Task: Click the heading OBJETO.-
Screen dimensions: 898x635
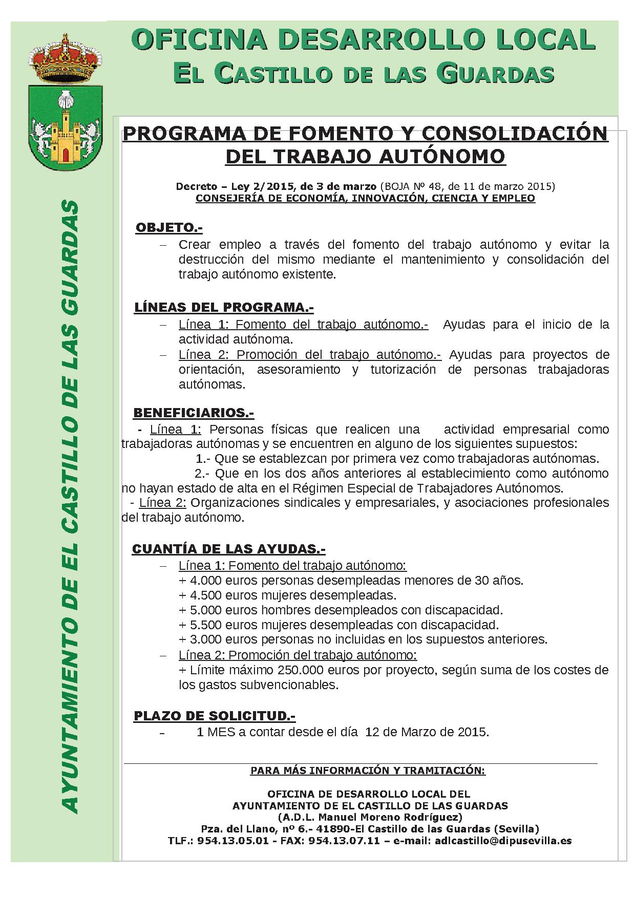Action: point(169,228)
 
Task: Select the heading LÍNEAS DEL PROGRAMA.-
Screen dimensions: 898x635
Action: point(224,308)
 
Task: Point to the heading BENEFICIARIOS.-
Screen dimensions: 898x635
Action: point(194,413)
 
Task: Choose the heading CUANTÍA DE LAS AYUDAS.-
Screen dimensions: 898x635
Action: point(229,549)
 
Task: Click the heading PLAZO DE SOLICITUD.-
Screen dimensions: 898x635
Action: point(215,716)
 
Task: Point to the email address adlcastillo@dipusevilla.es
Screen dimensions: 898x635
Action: point(503,841)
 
